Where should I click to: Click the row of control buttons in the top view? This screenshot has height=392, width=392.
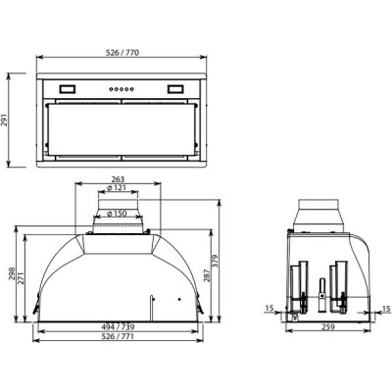coord(122,89)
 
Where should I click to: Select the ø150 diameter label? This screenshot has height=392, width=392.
coord(120,213)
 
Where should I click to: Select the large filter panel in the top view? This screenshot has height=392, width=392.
coord(122,126)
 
